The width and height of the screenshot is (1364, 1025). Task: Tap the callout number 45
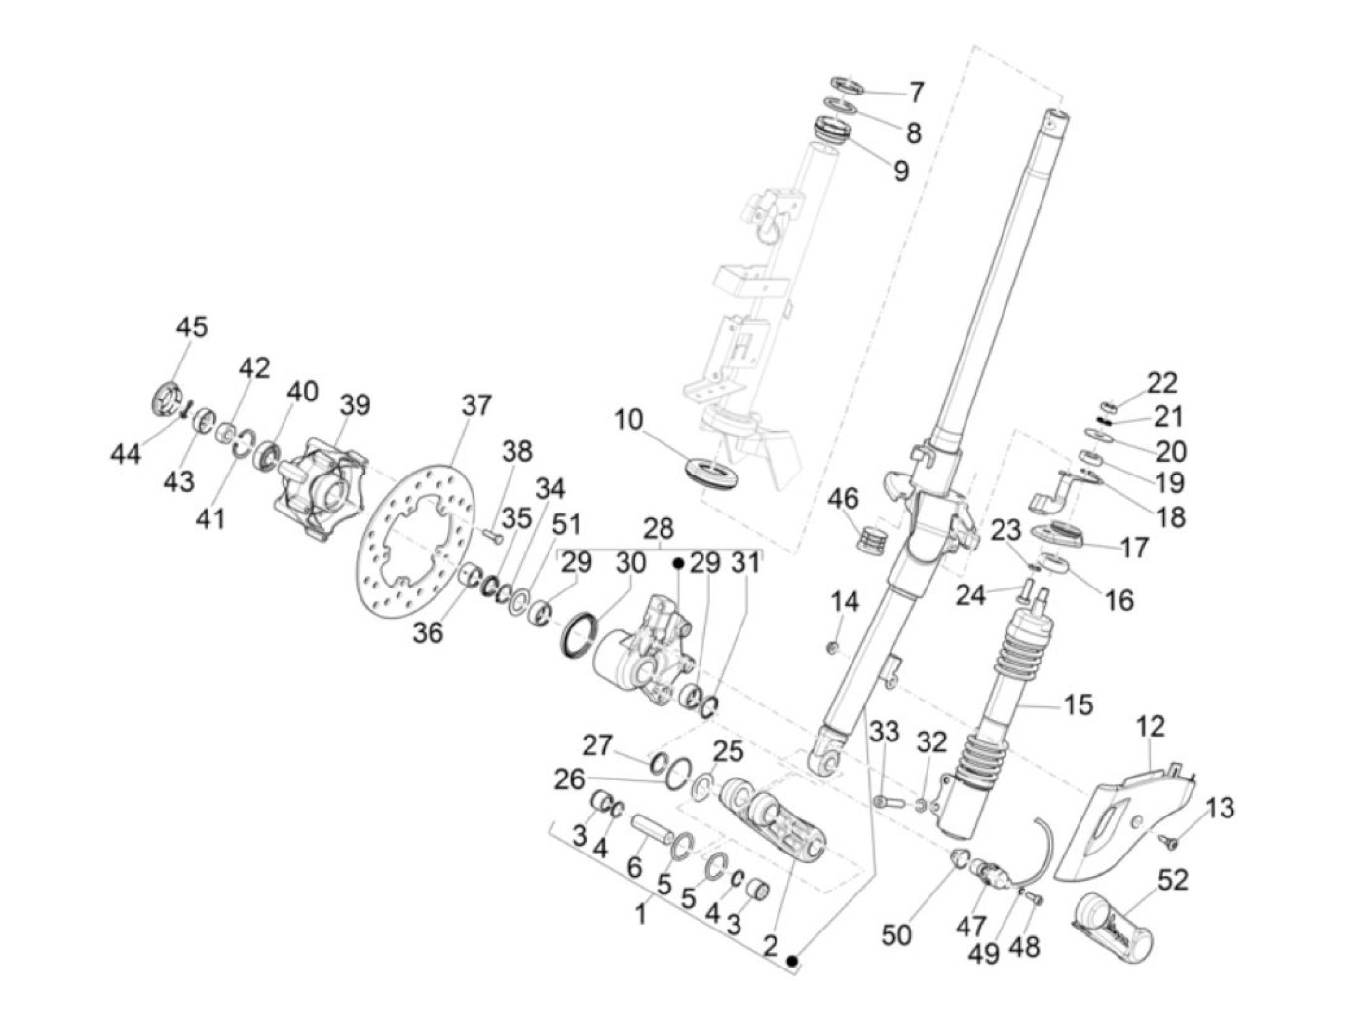pyautogui.click(x=192, y=326)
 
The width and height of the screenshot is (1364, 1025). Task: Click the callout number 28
pyautogui.click(x=659, y=528)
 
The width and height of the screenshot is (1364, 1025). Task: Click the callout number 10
pyautogui.click(x=628, y=421)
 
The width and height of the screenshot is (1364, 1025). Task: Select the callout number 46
pyautogui.click(x=843, y=499)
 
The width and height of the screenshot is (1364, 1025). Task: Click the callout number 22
pyautogui.click(x=1162, y=382)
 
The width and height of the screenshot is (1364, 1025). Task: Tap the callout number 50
pyautogui.click(x=896, y=934)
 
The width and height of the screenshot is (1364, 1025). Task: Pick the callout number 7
pyautogui.click(x=916, y=93)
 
